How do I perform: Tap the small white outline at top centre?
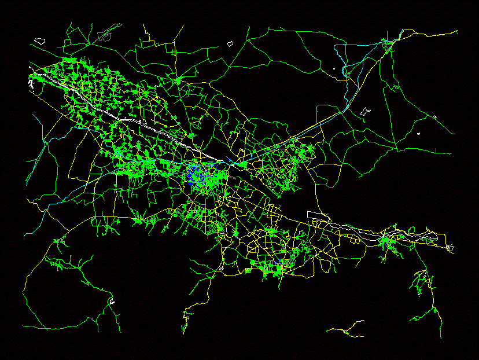pos(230,43)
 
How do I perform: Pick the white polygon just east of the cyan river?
pos(365,111)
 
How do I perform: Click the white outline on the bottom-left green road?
pos(112,302)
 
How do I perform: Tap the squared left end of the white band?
pos(308,213)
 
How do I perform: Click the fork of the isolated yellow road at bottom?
pos(346,330)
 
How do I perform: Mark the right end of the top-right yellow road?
pos(457,31)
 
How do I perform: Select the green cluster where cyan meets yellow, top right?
pos(386,43)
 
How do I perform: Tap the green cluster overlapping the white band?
pos(386,239)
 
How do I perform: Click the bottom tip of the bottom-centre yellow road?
pos(184,333)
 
